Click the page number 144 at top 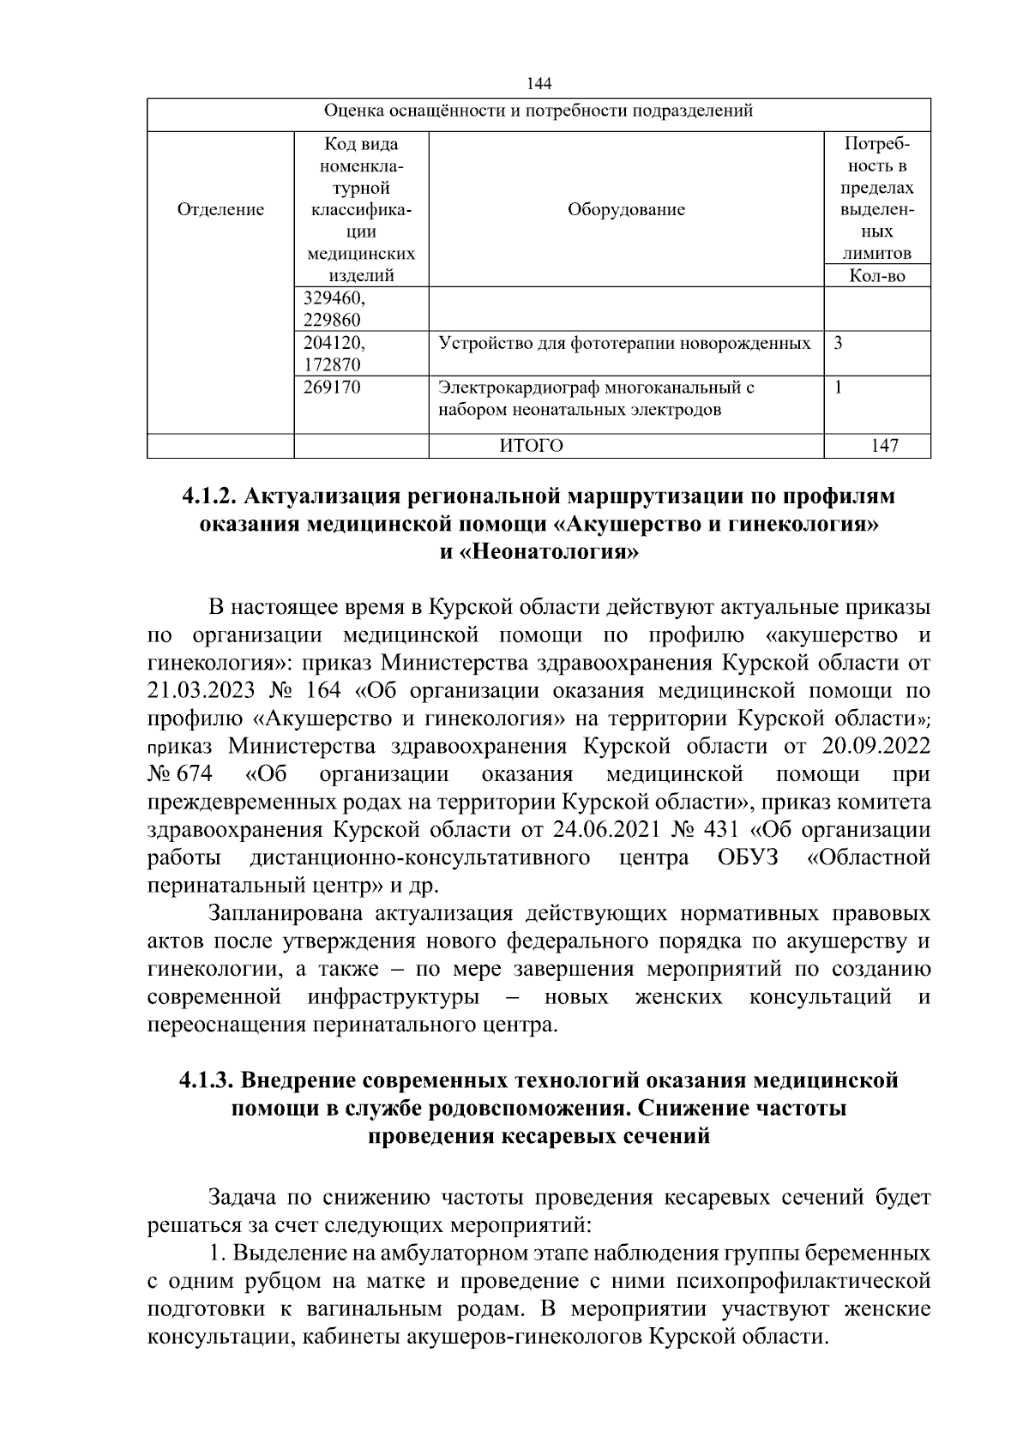(539, 83)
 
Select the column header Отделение (220, 210)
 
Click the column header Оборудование (626, 210)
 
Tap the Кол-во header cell (877, 276)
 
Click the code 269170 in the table (333, 388)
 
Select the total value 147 (884, 446)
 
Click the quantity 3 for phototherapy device (838, 343)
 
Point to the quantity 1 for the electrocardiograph (838, 388)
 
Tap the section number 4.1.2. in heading (210, 496)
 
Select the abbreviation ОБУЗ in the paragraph (748, 857)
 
